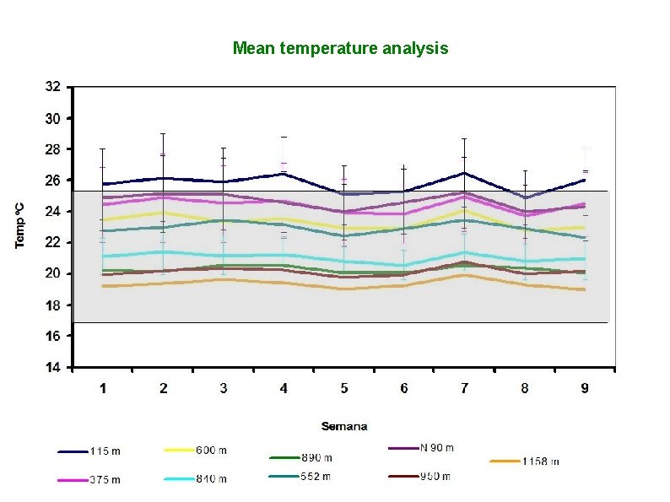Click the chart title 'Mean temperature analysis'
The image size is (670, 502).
coord(340,48)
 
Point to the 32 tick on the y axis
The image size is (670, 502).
coord(52,87)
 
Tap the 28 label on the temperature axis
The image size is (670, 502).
coord(52,149)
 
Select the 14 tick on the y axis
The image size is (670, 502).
coord(52,367)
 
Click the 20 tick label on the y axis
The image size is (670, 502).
coord(52,273)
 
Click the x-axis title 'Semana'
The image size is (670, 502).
coord(343,426)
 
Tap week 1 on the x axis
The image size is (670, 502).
coord(103,388)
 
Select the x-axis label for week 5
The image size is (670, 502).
coord(344,388)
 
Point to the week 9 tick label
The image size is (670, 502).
coord(585,388)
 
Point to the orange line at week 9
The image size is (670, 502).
coord(585,289)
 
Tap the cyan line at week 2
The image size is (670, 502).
coord(163,251)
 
